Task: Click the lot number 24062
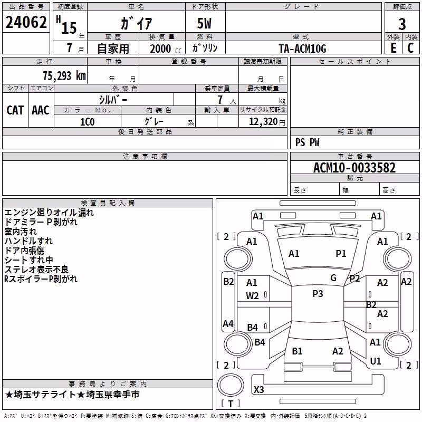pyautogui.click(x=26, y=22)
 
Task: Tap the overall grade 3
pyautogui.click(x=402, y=24)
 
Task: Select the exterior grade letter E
pyautogui.click(x=394, y=48)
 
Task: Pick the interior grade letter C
pyautogui.click(x=410, y=48)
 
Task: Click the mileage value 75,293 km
pyautogui.click(x=64, y=76)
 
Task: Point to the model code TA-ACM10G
pyautogui.click(x=302, y=49)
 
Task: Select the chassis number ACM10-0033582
pyautogui.click(x=354, y=168)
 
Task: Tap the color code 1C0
pyautogui.click(x=88, y=122)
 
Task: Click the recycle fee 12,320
pyautogui.click(x=263, y=122)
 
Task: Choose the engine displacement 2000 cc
pyautogui.click(x=166, y=49)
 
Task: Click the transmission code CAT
pyautogui.click(x=15, y=110)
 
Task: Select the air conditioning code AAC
pyautogui.click(x=41, y=110)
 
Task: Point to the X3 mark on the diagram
pyautogui.click(x=258, y=389)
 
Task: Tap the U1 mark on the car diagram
pyautogui.click(x=376, y=361)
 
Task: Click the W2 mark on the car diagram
pyautogui.click(x=252, y=296)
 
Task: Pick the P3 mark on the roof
pyautogui.click(x=318, y=294)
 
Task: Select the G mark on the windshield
pyautogui.click(x=333, y=278)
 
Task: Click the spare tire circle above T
pyautogui.click(x=231, y=385)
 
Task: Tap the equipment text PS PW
pyautogui.click(x=307, y=142)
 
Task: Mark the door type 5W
pyautogui.click(x=204, y=23)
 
